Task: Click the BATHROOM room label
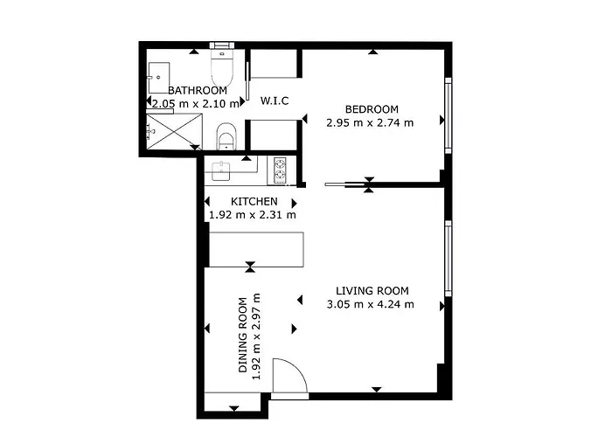coord(198,90)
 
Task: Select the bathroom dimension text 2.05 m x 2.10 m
coord(194,103)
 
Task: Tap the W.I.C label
coord(275,101)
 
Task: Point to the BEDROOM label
coord(372,109)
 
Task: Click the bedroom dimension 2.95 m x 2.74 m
coord(369,122)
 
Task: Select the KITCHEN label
coord(254,202)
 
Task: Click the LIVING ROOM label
coord(372,291)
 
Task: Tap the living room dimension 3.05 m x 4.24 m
coord(370,304)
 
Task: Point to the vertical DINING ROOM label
coord(249,336)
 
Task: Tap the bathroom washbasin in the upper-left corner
coord(160,73)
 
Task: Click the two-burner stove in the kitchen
coord(281,170)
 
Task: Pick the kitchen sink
coord(221,170)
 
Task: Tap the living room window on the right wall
coord(448,259)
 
